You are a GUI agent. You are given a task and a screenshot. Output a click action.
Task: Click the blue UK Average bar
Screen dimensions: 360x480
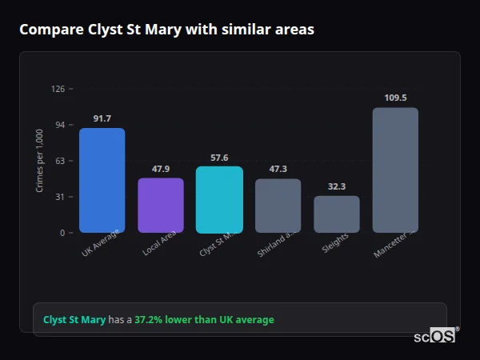pyautogui.click(x=102, y=180)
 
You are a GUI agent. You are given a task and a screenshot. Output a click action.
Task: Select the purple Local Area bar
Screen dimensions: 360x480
pyautogui.click(x=161, y=206)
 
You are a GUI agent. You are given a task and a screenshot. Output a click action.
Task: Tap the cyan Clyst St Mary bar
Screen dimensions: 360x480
pyautogui.click(x=219, y=200)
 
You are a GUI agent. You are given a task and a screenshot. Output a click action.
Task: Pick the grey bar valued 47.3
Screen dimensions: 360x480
pyautogui.click(x=278, y=206)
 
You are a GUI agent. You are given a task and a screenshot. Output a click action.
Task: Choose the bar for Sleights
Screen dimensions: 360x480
pyautogui.click(x=337, y=214)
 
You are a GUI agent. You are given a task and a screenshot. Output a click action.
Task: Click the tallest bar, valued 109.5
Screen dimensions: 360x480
pyautogui.click(x=395, y=170)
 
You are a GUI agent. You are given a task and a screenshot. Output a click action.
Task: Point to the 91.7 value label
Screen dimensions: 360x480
pyautogui.click(x=102, y=119)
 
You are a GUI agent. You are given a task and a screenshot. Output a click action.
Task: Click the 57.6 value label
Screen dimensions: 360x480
pyautogui.click(x=219, y=158)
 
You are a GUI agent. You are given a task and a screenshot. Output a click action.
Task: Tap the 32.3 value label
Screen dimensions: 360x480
pyautogui.click(x=337, y=186)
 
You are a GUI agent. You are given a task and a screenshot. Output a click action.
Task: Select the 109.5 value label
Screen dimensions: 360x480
pyautogui.click(x=395, y=98)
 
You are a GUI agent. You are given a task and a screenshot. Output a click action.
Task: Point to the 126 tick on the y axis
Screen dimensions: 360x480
pyautogui.click(x=58, y=89)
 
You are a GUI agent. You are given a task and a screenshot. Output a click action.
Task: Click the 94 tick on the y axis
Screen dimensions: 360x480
pyautogui.click(x=60, y=125)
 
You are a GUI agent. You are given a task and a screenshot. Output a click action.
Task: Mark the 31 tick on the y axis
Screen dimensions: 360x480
pyautogui.click(x=60, y=197)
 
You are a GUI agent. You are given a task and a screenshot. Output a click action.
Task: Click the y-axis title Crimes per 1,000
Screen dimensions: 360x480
pyautogui.click(x=39, y=161)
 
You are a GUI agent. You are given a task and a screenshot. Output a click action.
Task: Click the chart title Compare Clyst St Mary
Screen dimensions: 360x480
pyautogui.click(x=166, y=30)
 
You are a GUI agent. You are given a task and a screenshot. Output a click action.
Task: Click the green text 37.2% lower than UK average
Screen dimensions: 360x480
pyautogui.click(x=204, y=320)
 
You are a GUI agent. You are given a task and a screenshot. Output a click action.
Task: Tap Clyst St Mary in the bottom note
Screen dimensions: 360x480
pyautogui.click(x=74, y=320)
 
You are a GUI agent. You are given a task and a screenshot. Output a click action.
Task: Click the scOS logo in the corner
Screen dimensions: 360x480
pyautogui.click(x=434, y=337)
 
